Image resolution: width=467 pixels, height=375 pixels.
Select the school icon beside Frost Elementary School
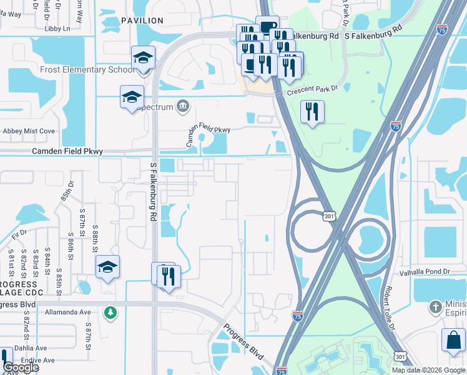pyautogui.click(x=143, y=58)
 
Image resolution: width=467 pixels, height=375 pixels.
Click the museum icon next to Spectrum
pyautogui.click(x=182, y=106)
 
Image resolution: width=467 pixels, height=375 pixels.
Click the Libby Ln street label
pyautogui.click(x=57, y=29)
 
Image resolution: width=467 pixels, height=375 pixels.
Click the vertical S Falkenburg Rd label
pyautogui.click(x=154, y=191)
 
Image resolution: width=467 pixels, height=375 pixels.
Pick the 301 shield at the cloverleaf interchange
pyautogui.click(x=330, y=216)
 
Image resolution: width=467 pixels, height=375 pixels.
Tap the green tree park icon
pyautogui.click(x=111, y=311)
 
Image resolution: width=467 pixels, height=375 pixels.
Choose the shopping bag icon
pyautogui.click(x=453, y=341)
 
